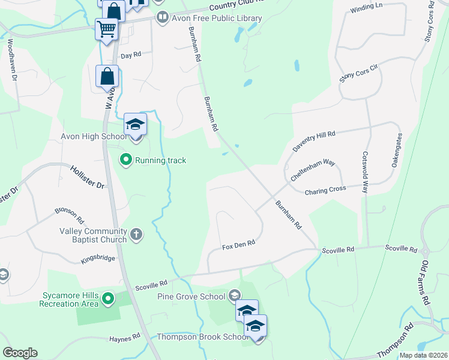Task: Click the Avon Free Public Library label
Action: [217, 18]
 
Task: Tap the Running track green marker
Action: [125, 160]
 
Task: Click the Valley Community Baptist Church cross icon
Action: [136, 234]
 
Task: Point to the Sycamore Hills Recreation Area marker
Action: [108, 298]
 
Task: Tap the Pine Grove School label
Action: [191, 296]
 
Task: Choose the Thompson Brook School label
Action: [202, 337]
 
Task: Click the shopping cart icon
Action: [106, 28]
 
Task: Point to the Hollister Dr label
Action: [88, 178]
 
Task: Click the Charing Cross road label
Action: [325, 190]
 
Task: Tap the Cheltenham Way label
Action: [312, 170]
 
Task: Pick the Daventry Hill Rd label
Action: [313, 141]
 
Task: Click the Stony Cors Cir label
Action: [360, 74]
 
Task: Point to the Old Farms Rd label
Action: [426, 281]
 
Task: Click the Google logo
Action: [20, 353]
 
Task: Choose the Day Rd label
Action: [130, 55]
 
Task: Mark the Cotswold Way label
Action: [364, 166]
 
